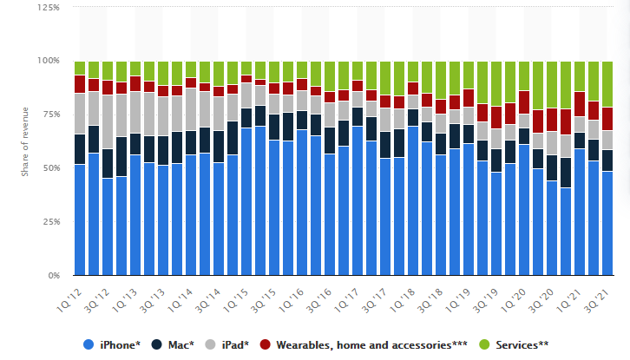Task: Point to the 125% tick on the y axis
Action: (49, 7)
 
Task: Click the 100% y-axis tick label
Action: (49, 61)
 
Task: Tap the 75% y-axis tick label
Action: (51, 115)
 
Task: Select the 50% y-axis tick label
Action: (51, 168)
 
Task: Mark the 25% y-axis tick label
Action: (51, 222)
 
